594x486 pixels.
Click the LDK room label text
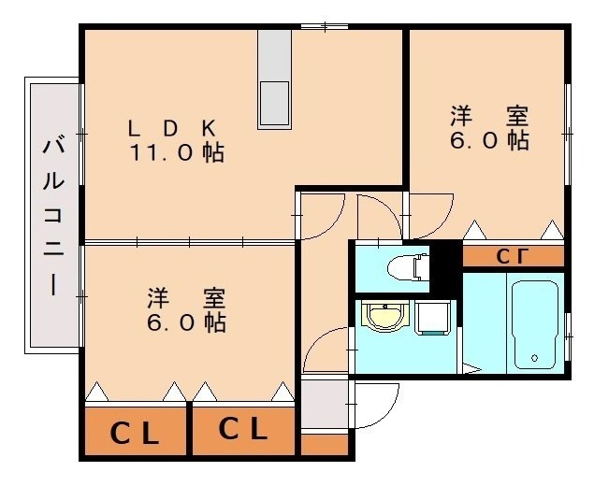click(x=172, y=128)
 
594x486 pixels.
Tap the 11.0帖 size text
click(x=177, y=152)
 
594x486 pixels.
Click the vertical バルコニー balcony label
click(x=53, y=216)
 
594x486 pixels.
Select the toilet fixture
click(x=409, y=268)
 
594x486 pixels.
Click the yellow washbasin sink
click(x=385, y=316)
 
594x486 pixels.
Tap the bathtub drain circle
click(x=534, y=358)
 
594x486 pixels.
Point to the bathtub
click(x=534, y=324)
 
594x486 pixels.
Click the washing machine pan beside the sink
click(x=432, y=318)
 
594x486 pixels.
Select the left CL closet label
click(x=134, y=434)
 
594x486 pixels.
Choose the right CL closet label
click(x=243, y=428)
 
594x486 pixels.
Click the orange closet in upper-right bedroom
click(x=514, y=256)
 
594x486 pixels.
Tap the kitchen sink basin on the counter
click(x=275, y=102)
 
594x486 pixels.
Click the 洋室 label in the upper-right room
click(x=489, y=116)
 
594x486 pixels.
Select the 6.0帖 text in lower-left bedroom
click(x=186, y=322)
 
